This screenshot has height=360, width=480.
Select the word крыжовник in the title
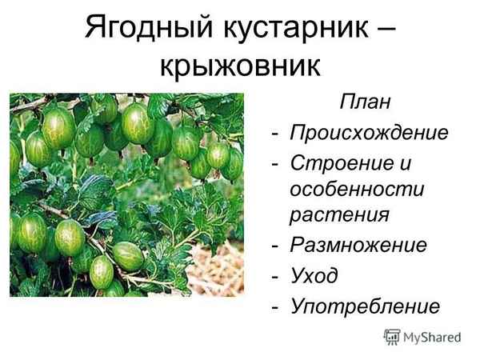[239, 66]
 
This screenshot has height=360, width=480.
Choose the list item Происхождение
[368, 131]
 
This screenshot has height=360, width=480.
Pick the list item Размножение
[358, 245]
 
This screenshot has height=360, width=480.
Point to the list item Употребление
[365, 306]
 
